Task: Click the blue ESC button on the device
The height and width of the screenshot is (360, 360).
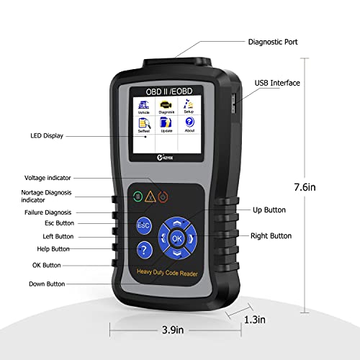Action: (x=143, y=225)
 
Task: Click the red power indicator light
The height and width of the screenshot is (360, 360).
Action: (x=163, y=196)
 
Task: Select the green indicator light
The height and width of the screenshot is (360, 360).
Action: (x=135, y=196)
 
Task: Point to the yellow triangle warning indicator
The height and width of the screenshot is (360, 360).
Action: (x=149, y=196)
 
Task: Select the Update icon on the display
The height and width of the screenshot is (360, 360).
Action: (x=167, y=127)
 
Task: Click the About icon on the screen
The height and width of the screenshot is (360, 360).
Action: (x=190, y=127)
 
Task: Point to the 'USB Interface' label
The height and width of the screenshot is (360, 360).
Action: (x=277, y=83)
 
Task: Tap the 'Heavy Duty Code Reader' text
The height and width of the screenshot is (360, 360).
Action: (x=166, y=270)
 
